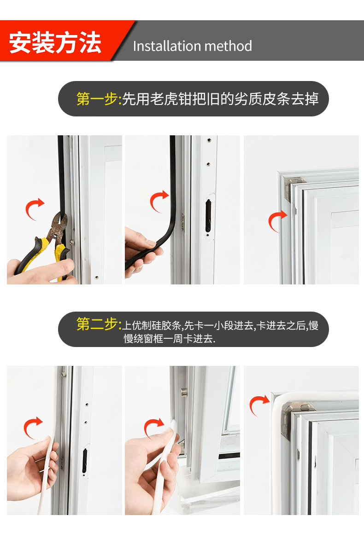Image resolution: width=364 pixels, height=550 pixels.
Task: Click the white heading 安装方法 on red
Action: (55, 43)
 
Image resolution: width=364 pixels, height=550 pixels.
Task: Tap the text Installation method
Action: (192, 46)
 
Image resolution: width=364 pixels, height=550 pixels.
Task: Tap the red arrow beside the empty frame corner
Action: (277, 220)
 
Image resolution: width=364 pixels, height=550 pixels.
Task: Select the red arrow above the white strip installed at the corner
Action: (258, 405)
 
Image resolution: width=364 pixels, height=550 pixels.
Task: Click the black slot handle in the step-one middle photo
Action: (208, 216)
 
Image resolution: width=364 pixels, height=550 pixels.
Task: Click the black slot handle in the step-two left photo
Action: (85, 461)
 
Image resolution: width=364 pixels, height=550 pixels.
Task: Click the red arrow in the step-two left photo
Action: (33, 427)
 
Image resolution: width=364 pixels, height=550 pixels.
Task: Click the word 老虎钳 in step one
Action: (164, 99)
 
